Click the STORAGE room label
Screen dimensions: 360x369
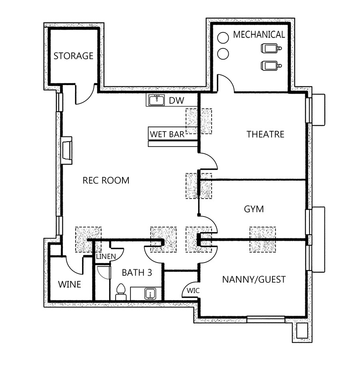(73, 56)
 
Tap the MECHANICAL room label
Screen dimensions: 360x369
(259, 34)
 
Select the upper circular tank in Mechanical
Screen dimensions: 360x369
(223, 38)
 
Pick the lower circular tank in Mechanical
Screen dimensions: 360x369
(223, 54)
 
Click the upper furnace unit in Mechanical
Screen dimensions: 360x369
(271, 48)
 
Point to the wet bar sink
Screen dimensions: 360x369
(157, 100)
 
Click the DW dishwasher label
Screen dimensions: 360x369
(176, 101)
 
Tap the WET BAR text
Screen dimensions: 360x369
(167, 134)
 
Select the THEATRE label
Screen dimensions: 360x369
(265, 134)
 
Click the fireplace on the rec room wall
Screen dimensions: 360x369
(67, 150)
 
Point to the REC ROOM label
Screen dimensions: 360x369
(106, 180)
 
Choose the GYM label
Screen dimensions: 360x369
(254, 209)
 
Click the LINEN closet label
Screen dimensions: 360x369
(106, 256)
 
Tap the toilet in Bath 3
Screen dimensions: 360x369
(121, 292)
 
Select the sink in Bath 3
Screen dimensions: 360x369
(150, 293)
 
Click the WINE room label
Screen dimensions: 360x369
(69, 284)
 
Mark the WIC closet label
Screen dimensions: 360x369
(193, 291)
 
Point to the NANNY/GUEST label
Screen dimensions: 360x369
(254, 280)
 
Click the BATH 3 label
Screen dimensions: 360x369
(137, 273)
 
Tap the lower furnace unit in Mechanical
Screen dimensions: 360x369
(271, 66)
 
